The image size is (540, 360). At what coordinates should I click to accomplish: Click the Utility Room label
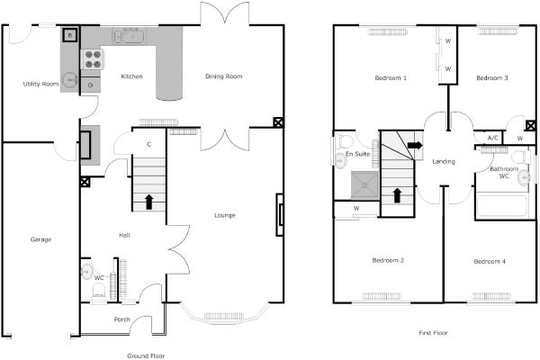pyautogui.click(x=40, y=84)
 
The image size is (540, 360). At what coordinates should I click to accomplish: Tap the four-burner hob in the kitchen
pyautogui.click(x=93, y=59)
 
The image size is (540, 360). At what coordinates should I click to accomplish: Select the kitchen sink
pyautogui.click(x=130, y=36)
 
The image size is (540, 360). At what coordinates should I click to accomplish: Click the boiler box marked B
pyautogui.click(x=70, y=35)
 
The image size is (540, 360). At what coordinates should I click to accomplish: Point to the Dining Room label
pyautogui.click(x=224, y=76)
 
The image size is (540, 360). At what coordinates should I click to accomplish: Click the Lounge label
pyautogui.click(x=224, y=215)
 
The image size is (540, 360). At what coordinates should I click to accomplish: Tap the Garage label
pyautogui.click(x=40, y=239)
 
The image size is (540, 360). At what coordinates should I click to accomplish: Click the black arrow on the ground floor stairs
pyautogui.click(x=149, y=202)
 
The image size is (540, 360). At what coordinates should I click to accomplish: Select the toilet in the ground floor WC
pyautogui.click(x=99, y=292)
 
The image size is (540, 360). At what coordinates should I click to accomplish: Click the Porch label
pyautogui.click(x=121, y=319)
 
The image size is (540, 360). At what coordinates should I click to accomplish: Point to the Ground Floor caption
pyautogui.click(x=146, y=355)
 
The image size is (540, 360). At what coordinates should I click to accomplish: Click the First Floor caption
pyautogui.click(x=433, y=333)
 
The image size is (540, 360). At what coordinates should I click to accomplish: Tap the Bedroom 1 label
pyautogui.click(x=391, y=78)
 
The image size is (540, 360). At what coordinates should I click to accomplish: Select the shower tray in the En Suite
pyautogui.click(x=364, y=185)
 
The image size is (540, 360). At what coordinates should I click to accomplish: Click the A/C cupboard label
pyautogui.click(x=493, y=138)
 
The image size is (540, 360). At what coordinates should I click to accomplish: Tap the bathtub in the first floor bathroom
pyautogui.click(x=502, y=206)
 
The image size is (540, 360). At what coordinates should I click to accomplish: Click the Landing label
pyautogui.click(x=444, y=161)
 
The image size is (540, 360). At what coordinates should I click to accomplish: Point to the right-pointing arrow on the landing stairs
pyautogui.click(x=415, y=145)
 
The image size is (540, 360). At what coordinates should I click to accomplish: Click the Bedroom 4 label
pyautogui.click(x=490, y=262)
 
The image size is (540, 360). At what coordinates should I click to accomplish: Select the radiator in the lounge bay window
pyautogui.click(x=224, y=316)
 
